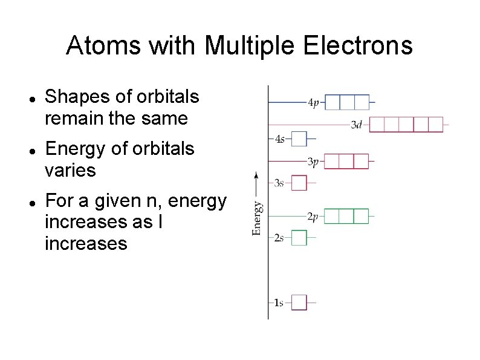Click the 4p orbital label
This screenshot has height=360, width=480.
(x=313, y=103)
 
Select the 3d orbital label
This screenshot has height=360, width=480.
(x=357, y=125)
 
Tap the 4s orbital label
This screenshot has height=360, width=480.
(x=279, y=139)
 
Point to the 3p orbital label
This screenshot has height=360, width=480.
(x=313, y=162)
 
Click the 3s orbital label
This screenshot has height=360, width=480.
(x=279, y=183)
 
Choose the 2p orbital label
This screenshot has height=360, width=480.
(x=313, y=217)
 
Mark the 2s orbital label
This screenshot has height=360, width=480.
(x=279, y=238)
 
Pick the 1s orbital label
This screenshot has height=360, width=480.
(x=278, y=303)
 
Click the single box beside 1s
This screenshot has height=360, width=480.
(x=299, y=302)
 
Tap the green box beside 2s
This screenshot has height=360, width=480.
(x=299, y=238)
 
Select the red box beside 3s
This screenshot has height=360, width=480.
(x=299, y=183)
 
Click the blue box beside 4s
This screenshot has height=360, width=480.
(x=299, y=139)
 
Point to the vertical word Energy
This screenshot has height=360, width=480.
(x=257, y=218)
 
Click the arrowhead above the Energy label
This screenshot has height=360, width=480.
(x=256, y=176)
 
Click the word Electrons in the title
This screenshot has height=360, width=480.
(x=352, y=45)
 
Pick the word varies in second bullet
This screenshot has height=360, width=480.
(x=70, y=171)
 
